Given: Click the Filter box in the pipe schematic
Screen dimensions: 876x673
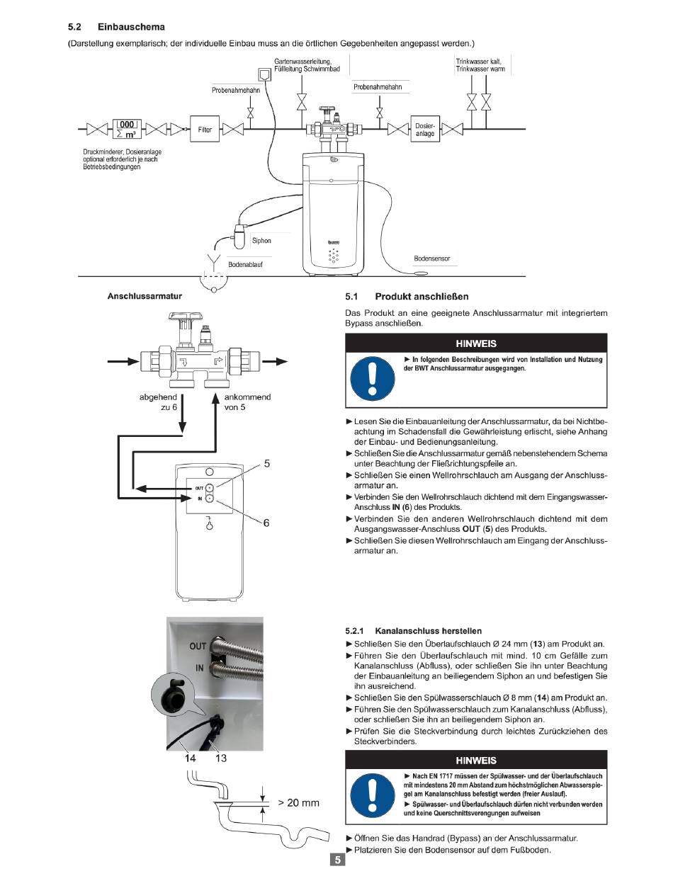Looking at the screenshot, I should point(205,130).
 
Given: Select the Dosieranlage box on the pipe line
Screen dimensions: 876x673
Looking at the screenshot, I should point(424,130).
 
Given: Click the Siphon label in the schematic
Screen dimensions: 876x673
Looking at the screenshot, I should point(261,241).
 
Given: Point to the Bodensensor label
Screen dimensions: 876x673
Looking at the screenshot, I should point(431,258).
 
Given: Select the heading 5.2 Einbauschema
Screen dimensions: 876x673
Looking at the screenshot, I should point(116,27).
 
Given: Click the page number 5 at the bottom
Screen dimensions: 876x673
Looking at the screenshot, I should point(338,860).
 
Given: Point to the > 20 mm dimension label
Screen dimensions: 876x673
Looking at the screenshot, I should point(298,803).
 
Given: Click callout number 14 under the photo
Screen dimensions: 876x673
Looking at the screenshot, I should point(190,758).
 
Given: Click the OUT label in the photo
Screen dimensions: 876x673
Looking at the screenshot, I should point(198,646).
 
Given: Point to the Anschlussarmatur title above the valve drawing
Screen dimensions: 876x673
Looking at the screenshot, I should point(144,297).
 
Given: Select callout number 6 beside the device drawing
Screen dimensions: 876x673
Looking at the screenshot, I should point(266,523).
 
